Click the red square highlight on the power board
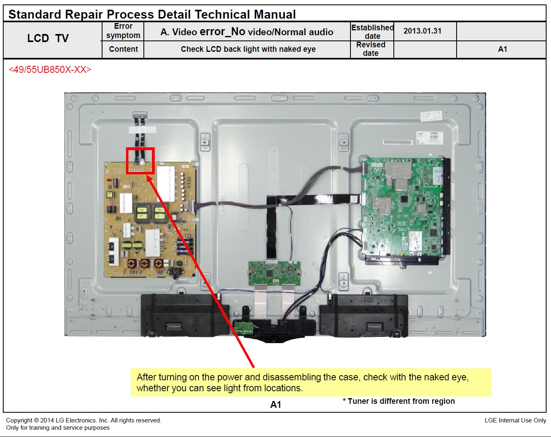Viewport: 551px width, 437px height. point(140,161)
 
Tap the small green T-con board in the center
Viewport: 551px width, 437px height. point(274,273)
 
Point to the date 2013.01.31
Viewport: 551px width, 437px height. point(423,31)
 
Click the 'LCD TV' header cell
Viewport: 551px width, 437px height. point(48,38)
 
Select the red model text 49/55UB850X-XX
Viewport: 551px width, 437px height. point(50,70)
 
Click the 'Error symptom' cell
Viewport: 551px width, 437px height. point(123,31)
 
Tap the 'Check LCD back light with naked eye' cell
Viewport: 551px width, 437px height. point(248,49)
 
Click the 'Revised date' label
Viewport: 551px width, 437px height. point(371,49)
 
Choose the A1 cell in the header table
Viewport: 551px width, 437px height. point(502,49)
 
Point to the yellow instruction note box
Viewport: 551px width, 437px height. point(311,382)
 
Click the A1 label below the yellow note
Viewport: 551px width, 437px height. point(275,405)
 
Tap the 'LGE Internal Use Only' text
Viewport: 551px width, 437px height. point(515,420)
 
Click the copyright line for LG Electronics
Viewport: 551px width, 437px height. point(83,420)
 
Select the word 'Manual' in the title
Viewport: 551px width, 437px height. point(275,15)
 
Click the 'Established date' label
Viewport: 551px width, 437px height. point(372,32)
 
